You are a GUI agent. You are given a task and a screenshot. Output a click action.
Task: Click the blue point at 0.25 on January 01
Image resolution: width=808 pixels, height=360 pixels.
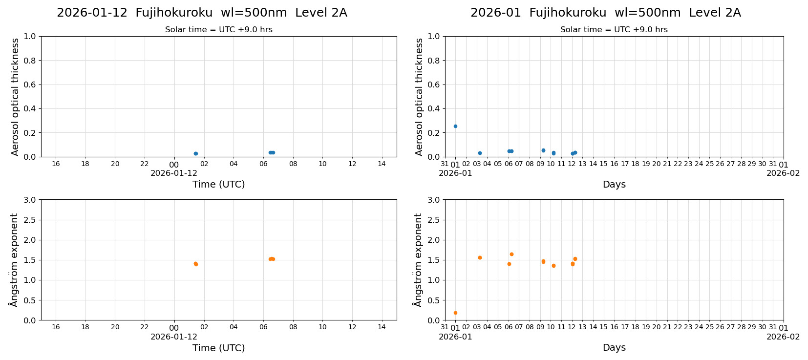[x=455, y=126]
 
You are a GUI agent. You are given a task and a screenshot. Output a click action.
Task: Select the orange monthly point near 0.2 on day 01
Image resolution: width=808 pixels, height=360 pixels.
[x=455, y=313]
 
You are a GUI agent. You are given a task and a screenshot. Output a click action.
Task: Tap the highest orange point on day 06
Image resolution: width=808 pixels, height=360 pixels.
[x=511, y=254]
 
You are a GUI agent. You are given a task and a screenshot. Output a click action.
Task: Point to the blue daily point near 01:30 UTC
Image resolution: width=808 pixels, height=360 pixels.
[x=196, y=153]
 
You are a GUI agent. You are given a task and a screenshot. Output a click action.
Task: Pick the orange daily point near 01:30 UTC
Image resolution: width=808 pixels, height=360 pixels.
[x=196, y=264]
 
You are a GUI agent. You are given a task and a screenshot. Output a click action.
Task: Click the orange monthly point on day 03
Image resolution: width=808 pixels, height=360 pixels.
[x=480, y=257]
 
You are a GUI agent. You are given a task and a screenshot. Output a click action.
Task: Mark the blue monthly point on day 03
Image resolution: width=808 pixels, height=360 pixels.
[x=480, y=153]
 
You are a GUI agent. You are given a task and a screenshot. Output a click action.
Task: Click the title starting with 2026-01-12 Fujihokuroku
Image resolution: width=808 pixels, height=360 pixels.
[x=202, y=13]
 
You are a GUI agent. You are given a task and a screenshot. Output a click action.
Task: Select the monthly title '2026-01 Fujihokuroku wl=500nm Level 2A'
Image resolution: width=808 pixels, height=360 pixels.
[x=605, y=13]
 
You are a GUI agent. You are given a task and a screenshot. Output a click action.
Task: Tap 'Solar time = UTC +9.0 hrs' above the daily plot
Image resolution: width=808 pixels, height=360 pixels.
[x=218, y=30]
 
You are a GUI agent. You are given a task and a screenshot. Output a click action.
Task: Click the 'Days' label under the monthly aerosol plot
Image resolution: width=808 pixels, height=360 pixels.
[x=614, y=184]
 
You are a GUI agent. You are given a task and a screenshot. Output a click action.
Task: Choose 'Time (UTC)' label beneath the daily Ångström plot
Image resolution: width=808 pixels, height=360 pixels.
[x=218, y=348]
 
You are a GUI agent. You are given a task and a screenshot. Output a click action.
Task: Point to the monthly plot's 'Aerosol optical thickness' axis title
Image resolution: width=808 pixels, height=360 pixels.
[x=419, y=97]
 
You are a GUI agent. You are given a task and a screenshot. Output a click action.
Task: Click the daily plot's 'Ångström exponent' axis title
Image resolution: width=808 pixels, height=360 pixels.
[x=14, y=260]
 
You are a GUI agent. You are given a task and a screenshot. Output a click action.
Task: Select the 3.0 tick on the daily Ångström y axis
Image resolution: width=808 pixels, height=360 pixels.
[x=30, y=200]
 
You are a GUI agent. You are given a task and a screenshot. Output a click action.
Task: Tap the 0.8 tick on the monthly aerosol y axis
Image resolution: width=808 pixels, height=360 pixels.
[x=434, y=61]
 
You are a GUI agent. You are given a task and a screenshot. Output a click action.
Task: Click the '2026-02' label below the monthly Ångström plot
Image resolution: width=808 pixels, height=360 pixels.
[x=783, y=337]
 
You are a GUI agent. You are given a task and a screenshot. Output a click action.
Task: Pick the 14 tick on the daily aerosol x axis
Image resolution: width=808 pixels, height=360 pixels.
[x=382, y=164]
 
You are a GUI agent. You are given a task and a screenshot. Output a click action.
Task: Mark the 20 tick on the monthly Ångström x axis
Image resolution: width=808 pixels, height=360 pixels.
[x=656, y=327]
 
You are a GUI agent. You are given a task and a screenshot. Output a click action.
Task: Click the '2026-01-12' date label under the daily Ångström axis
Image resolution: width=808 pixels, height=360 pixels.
[x=174, y=337]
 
